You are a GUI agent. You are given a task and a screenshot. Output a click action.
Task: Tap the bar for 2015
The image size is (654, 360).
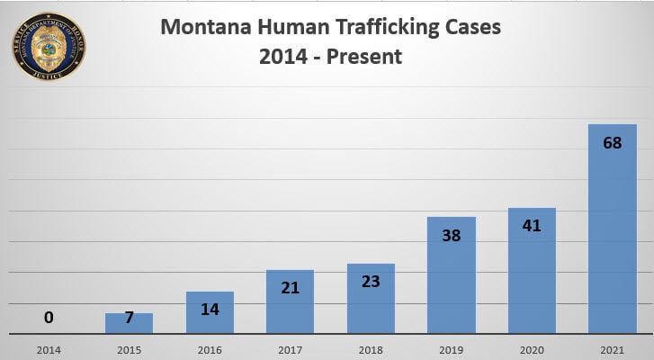click(129, 323)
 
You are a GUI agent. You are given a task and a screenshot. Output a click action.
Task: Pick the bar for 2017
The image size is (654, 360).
click(290, 301)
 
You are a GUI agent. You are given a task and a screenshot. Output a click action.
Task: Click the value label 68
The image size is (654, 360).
click(612, 143)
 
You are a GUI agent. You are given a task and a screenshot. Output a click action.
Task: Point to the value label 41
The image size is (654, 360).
click(531, 226)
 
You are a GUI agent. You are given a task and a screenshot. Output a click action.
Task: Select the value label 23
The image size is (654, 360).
click(370, 281)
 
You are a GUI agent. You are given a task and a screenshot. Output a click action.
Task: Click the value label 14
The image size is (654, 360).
click(210, 309)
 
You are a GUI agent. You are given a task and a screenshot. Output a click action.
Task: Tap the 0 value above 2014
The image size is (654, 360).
click(49, 318)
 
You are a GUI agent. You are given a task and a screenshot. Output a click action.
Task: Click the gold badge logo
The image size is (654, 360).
click(49, 46)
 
